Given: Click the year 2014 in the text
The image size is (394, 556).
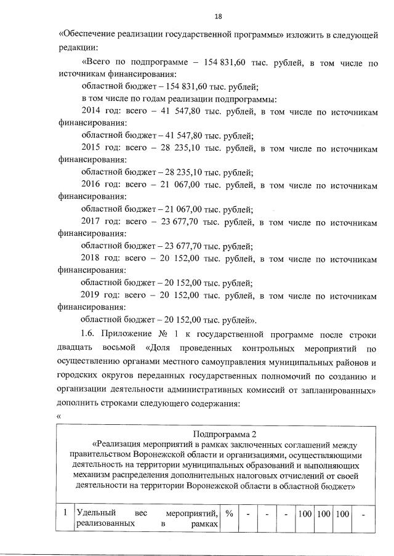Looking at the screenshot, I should (x=91, y=111).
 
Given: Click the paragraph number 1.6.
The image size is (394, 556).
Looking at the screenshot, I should (x=90, y=335).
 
